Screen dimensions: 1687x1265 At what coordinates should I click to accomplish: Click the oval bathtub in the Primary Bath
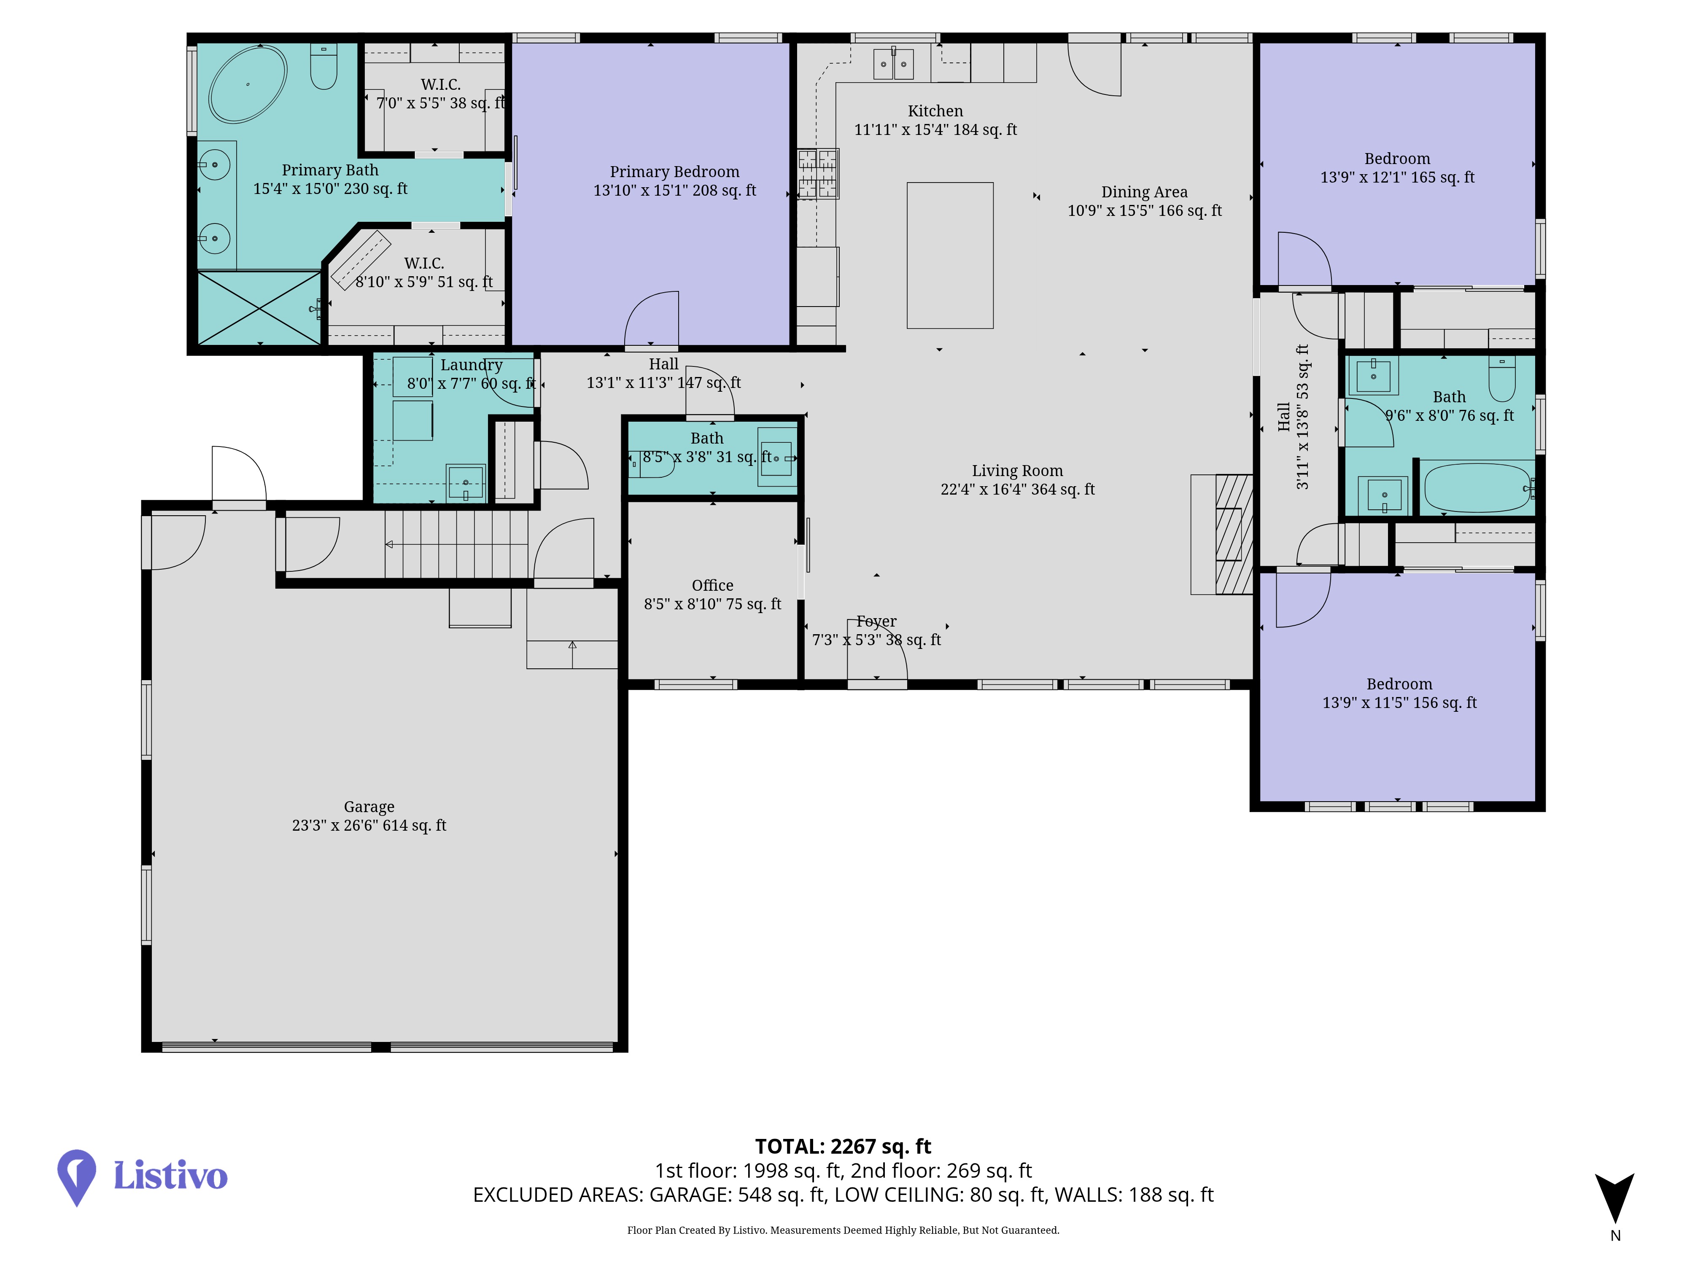[x=248, y=84]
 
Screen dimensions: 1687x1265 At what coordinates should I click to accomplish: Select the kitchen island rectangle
[x=949, y=256]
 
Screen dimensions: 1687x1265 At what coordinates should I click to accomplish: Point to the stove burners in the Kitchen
[x=818, y=174]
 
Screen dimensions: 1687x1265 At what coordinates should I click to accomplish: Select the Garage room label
[x=369, y=807]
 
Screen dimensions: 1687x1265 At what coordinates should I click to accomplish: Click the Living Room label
[x=1017, y=471]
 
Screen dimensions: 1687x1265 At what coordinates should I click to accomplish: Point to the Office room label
[x=712, y=585]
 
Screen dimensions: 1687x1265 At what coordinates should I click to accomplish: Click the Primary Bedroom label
[x=674, y=172]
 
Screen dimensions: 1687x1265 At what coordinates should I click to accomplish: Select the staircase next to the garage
[x=456, y=544]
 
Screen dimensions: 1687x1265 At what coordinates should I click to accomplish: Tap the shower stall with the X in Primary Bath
[x=259, y=308]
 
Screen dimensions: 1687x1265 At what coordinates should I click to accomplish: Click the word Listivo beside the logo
[x=170, y=1176]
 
